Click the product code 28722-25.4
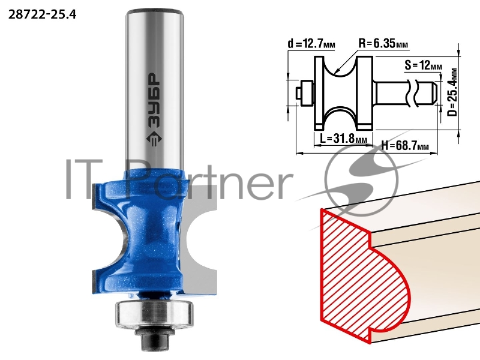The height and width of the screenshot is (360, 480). click(42, 14)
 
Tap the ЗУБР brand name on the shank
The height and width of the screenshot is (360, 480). click(154, 101)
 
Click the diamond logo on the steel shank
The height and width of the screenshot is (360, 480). click(154, 139)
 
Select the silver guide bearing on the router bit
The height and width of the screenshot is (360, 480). click(154, 313)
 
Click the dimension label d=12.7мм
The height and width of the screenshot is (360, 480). click(311, 44)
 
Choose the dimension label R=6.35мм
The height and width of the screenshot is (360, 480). click(383, 43)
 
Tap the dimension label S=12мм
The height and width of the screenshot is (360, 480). click(423, 65)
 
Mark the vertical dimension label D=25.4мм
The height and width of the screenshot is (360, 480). click(452, 92)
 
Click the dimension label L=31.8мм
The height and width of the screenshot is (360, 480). click(343, 139)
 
